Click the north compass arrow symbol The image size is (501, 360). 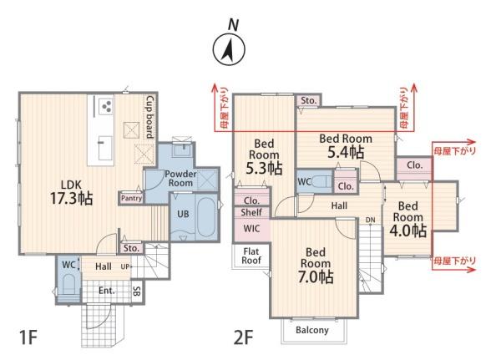coord(229,50)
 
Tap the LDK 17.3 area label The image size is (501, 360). coord(72,192)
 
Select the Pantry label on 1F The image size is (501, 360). coord(131,199)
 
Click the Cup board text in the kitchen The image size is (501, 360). coord(149,117)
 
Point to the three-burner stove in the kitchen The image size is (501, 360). coord(106,106)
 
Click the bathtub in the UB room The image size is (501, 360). coord(205,217)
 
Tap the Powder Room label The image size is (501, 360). coord(180,179)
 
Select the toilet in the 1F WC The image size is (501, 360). coord(68,284)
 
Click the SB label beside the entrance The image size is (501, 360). coord(136,291)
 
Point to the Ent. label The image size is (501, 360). coord(107,291)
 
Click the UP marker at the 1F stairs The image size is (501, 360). coord(125,266)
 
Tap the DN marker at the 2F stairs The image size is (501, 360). coord(370,220)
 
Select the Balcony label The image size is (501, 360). coord(311,330)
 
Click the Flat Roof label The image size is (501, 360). coord(251,256)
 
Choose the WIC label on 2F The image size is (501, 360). coord(251,229)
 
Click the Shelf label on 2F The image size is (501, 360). coord(251,212)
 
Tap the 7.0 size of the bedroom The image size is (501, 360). coord(316,276)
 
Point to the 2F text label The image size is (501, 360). coord(244,337)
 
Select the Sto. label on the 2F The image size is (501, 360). coord(308,101)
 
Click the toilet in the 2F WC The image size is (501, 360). coord(322,182)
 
